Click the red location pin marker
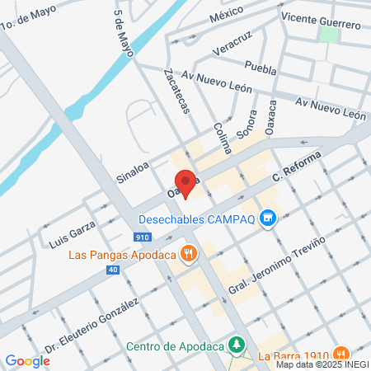[x=185, y=182]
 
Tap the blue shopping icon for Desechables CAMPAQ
[x=266, y=218]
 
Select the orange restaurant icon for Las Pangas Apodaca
[x=190, y=254]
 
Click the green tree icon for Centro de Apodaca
[x=237, y=343]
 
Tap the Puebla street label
[x=261, y=67]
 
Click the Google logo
[x=27, y=360]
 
